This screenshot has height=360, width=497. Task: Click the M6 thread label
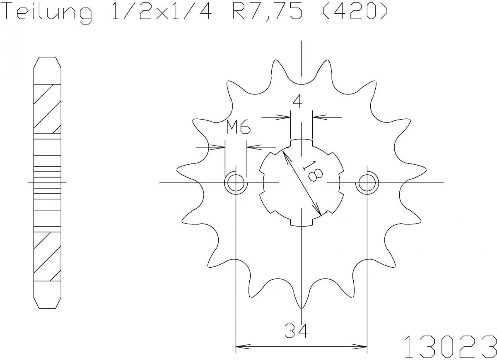tap(238, 128)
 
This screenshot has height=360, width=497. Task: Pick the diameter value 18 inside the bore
tap(313, 170)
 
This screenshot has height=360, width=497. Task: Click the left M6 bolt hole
tap(236, 182)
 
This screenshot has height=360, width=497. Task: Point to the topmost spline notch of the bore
tap(302, 142)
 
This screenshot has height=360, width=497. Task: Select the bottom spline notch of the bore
tap(302, 223)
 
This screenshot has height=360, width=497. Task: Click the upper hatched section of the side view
tap(47, 108)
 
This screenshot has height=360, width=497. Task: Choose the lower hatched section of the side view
tap(47, 257)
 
